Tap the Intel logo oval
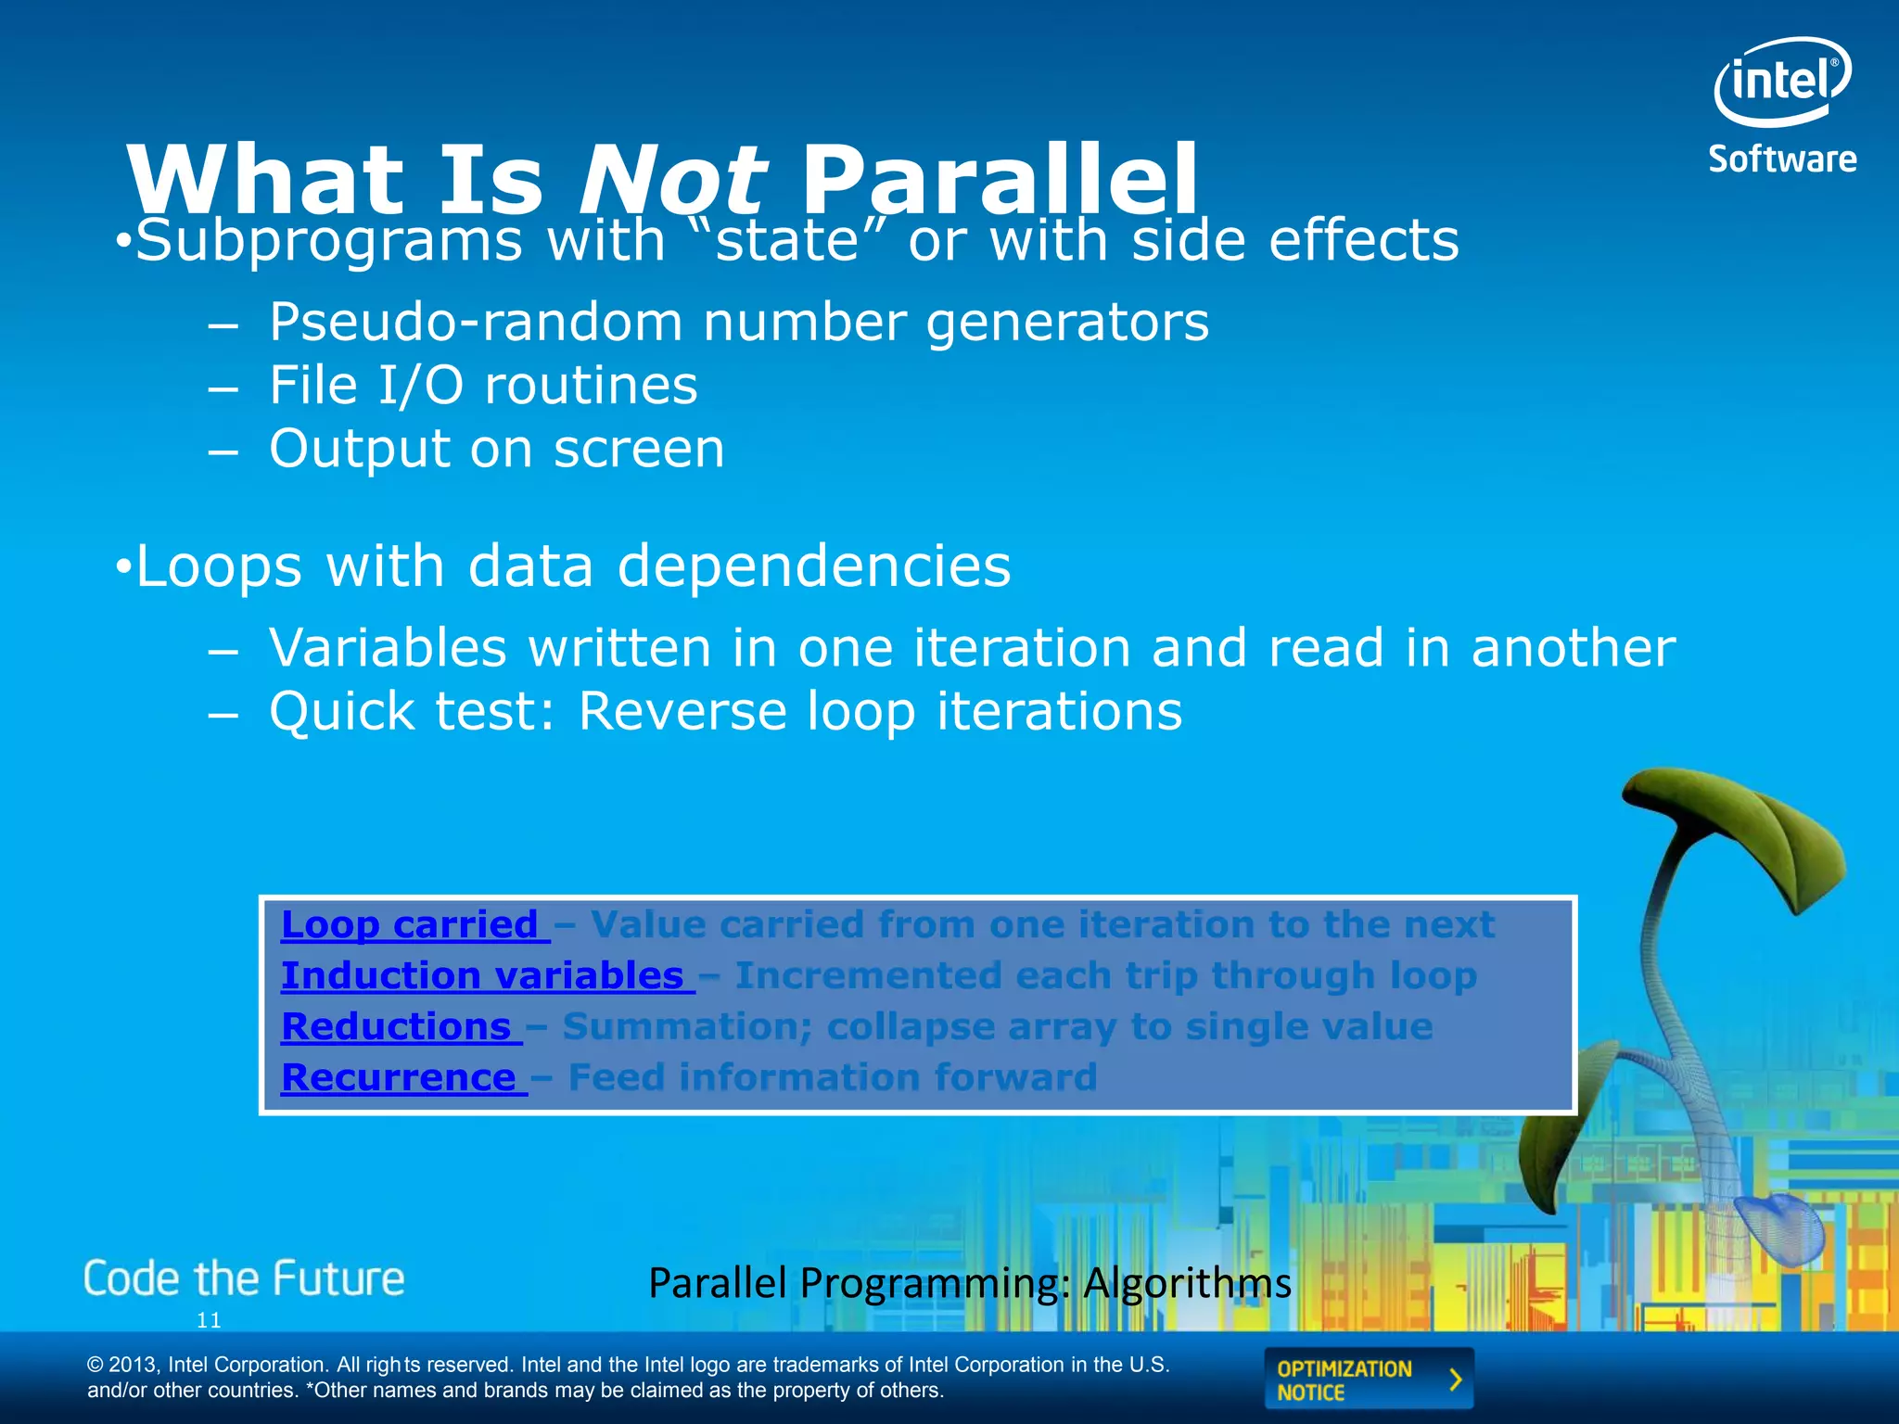coord(1781,82)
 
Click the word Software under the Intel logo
coord(1782,159)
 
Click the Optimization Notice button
coord(1368,1379)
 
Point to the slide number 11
coord(209,1320)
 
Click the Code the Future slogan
coord(244,1279)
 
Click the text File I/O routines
coord(482,386)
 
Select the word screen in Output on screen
coord(639,449)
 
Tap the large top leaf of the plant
coord(1734,825)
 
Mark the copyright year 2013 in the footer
coord(134,1365)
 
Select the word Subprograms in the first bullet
coord(328,240)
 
